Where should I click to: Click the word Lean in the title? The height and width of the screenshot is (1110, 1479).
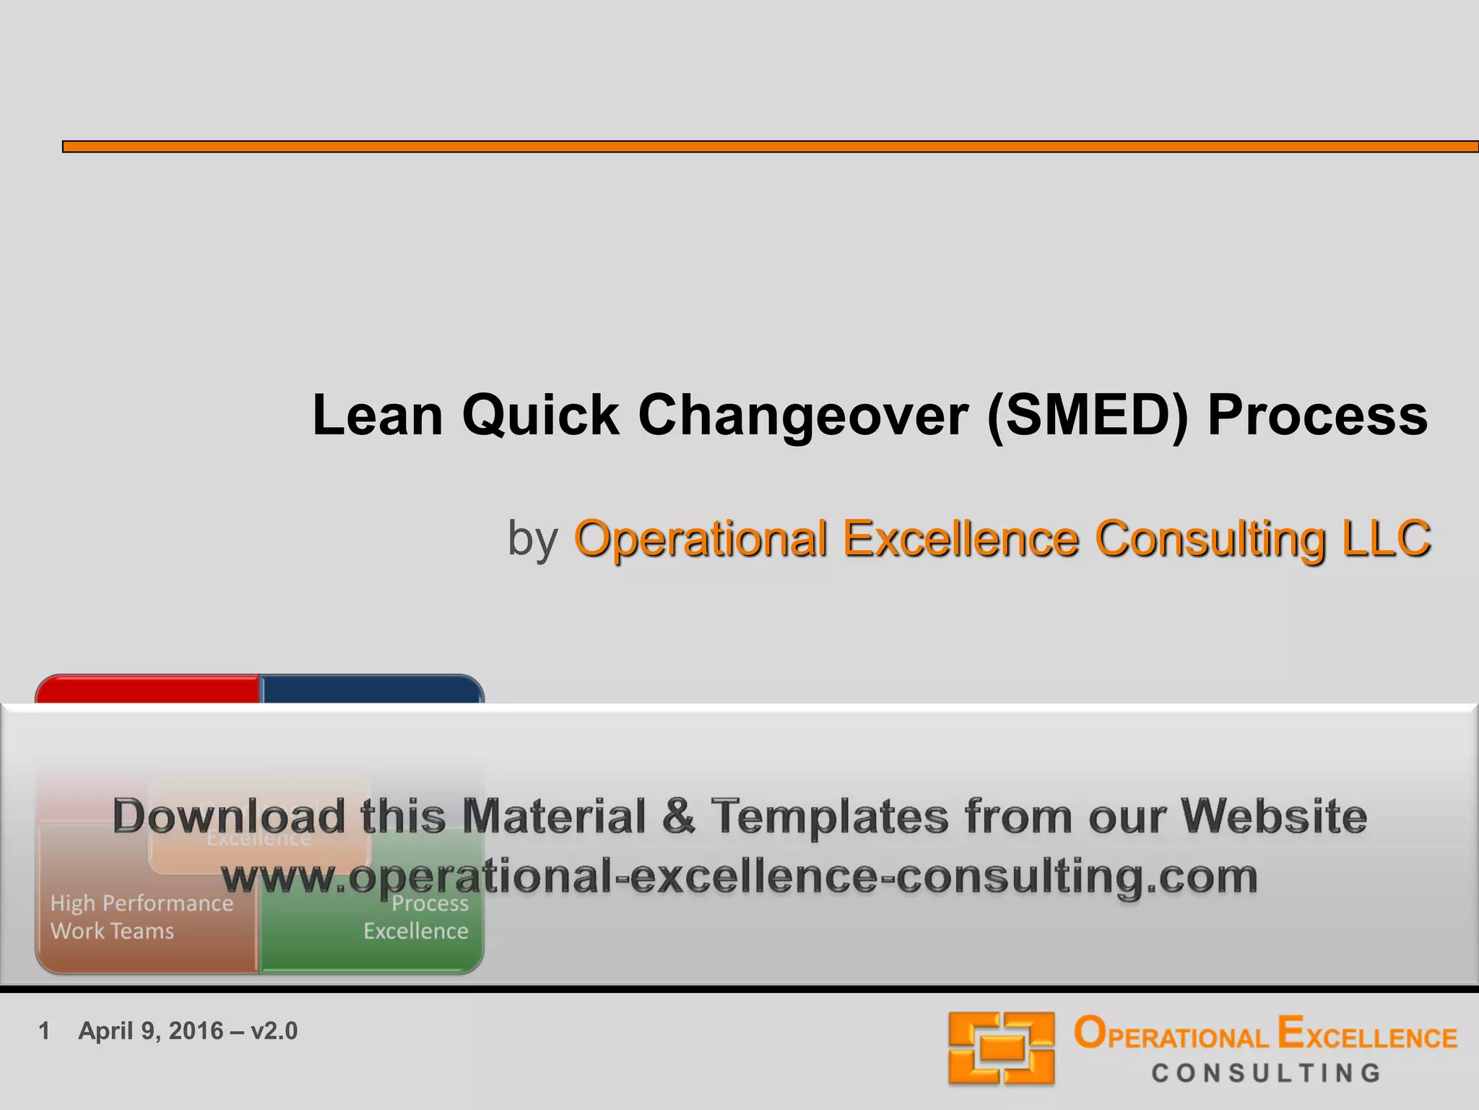377,416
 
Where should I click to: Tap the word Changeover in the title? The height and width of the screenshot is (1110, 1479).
802,417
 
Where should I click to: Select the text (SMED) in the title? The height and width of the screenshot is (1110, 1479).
1086,416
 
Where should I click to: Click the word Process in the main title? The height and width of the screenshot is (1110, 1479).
1317,416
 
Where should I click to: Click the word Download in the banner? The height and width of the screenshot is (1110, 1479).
228,817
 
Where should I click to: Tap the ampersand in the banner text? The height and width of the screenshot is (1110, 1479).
677,817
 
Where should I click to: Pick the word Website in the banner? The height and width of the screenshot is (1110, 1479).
1273,817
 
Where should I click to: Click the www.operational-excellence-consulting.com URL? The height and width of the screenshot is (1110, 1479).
739,877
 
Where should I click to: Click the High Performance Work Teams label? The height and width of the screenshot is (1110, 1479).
142,917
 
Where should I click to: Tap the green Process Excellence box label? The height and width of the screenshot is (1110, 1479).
416,917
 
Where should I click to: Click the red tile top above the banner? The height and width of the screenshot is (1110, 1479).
148,689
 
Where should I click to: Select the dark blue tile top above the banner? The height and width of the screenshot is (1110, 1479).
371,689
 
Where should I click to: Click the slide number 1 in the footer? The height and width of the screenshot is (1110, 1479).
44,1031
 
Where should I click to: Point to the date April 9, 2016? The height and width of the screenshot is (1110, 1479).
151,1031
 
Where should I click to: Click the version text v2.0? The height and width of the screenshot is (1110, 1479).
274,1031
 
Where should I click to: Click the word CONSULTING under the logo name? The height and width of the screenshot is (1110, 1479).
1266,1073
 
